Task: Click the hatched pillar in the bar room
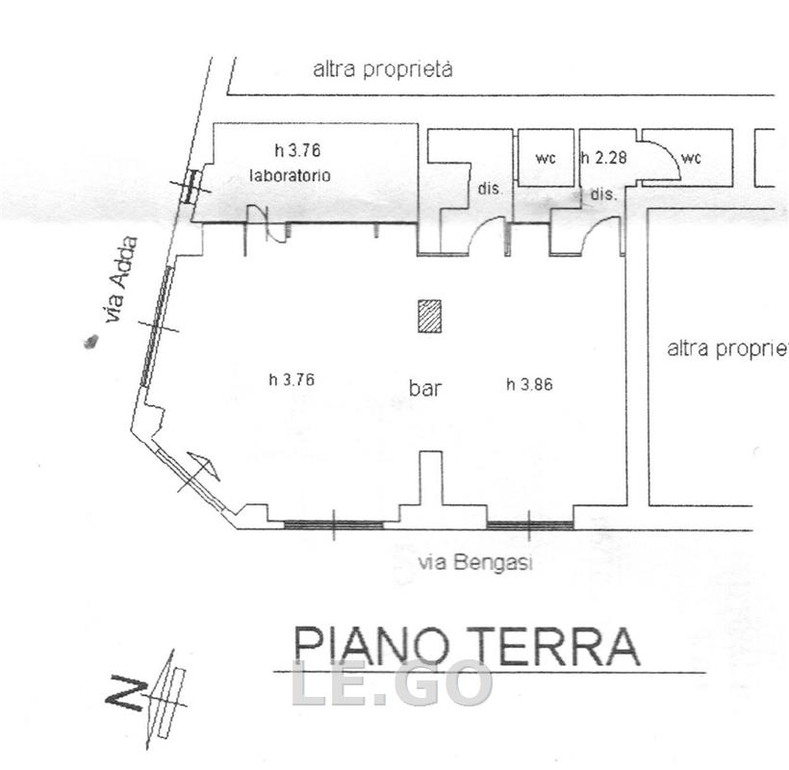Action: point(429,316)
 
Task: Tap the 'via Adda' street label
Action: point(120,280)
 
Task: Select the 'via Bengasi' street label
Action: point(475,562)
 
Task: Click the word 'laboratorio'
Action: point(291,175)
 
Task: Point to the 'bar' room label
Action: point(425,388)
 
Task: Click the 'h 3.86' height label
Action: point(529,385)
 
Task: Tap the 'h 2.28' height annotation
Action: point(604,158)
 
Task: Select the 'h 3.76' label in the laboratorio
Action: point(297,150)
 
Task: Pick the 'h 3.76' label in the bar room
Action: point(292,379)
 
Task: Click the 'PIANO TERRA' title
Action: point(466,647)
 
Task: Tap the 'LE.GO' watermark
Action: point(392,682)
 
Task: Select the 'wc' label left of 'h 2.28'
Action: point(546,159)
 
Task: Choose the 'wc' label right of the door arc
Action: point(691,159)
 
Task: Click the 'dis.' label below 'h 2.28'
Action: point(603,193)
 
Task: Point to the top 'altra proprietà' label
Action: point(383,69)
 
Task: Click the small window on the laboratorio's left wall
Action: point(191,186)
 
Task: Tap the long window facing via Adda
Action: point(157,326)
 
